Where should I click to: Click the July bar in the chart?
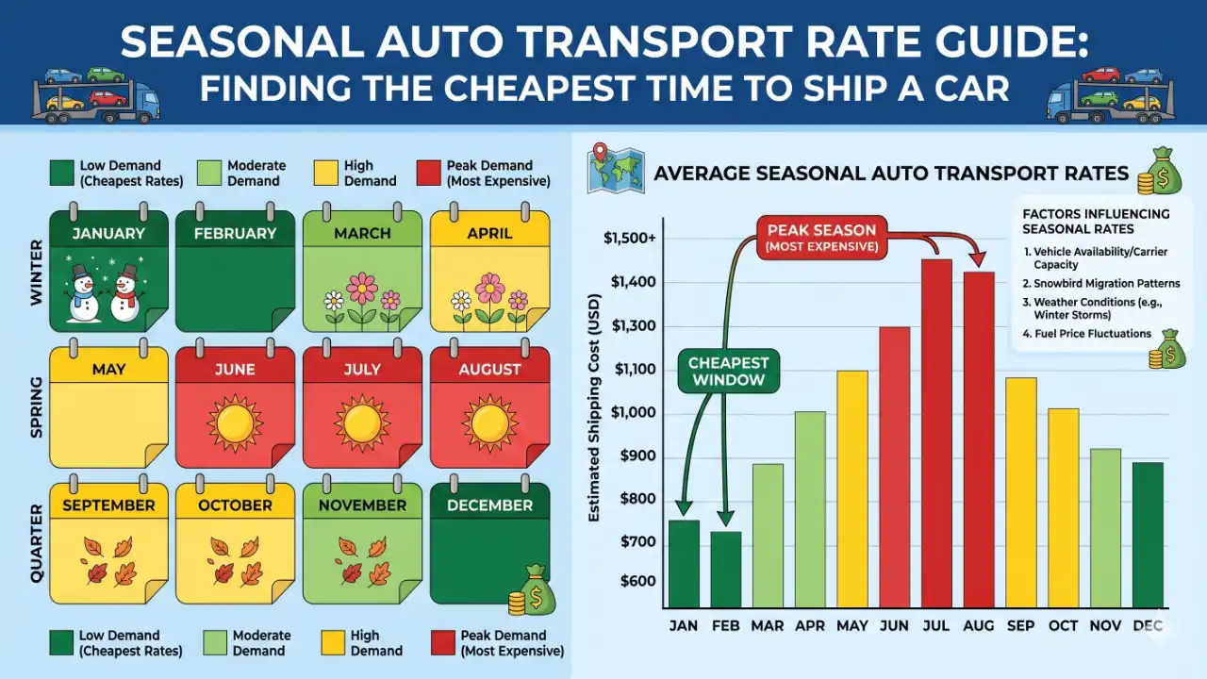(936, 434)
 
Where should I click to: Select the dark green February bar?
(725, 570)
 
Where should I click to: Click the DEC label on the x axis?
(1148, 626)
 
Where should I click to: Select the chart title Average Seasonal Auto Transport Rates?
(890, 174)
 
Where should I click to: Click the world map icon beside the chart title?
(614, 169)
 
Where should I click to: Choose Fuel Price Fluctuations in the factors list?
(1087, 333)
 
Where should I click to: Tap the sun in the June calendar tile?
(234, 424)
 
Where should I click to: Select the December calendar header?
(489, 505)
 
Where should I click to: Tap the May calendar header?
(108, 370)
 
